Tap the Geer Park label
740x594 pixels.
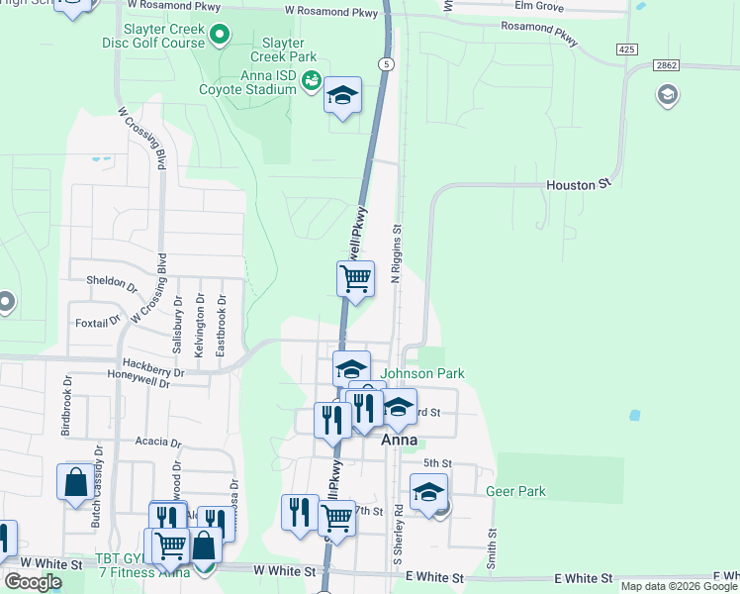[515, 491]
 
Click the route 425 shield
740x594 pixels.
[626, 49]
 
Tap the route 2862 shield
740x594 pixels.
[667, 64]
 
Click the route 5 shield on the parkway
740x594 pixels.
[386, 64]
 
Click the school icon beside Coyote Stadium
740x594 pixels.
[342, 95]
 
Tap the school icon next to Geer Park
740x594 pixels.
[428, 491]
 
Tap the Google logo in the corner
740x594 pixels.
[34, 582]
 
